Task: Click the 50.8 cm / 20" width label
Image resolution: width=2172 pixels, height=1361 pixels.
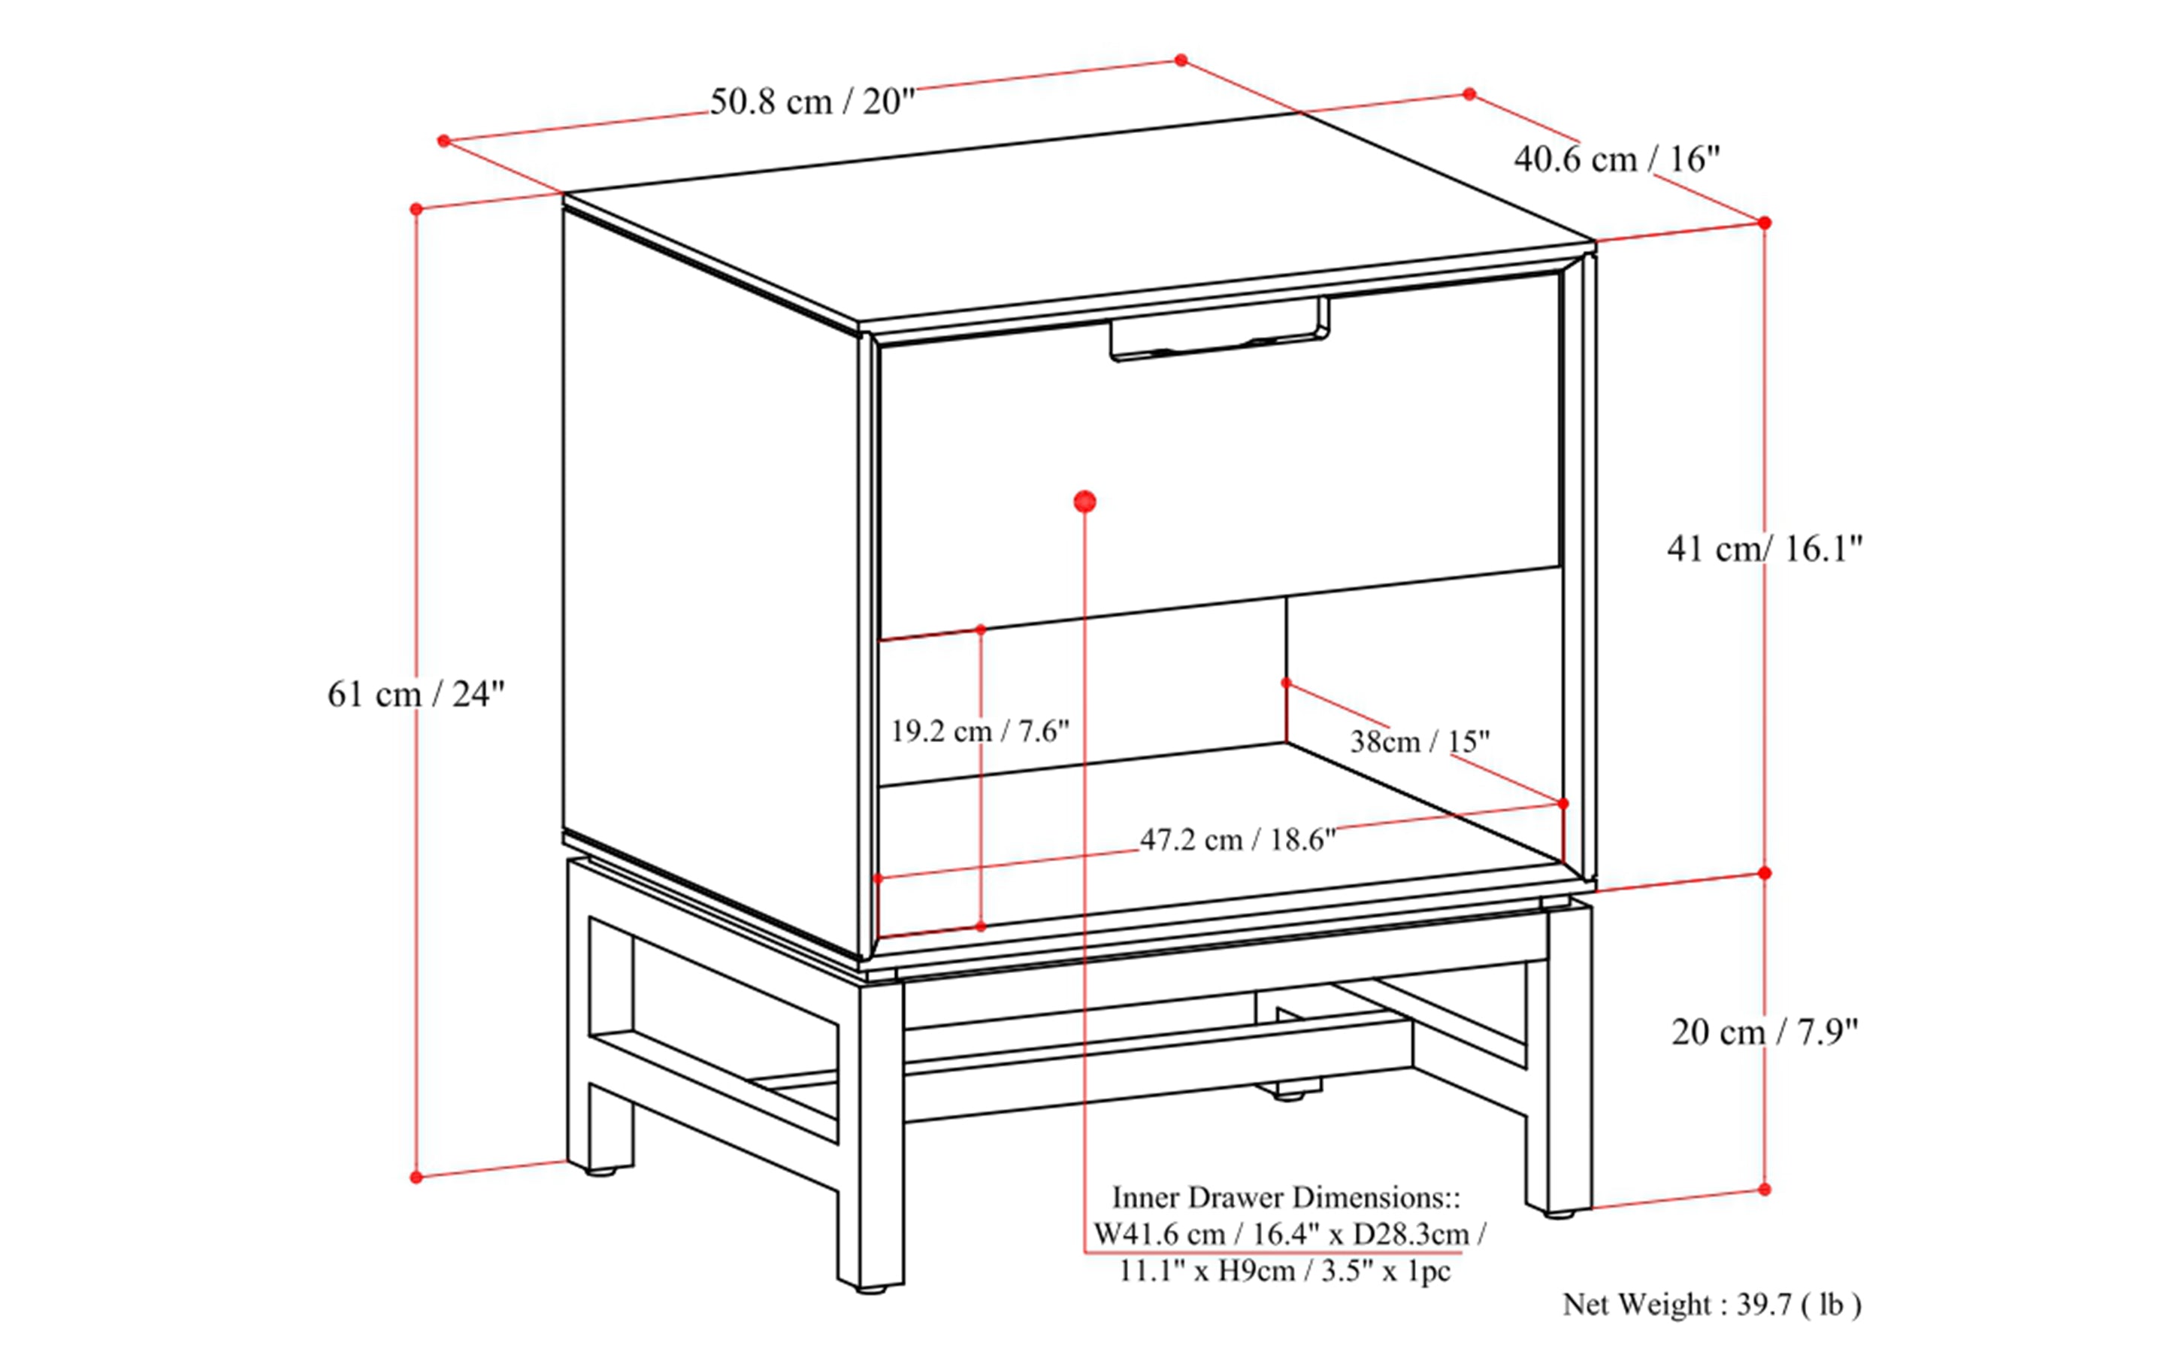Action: tap(812, 102)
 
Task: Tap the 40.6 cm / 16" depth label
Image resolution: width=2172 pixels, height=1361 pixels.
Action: tap(1616, 159)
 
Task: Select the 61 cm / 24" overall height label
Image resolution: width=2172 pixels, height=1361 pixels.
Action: tap(416, 694)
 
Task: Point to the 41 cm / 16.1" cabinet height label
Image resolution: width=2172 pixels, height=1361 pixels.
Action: tap(1763, 548)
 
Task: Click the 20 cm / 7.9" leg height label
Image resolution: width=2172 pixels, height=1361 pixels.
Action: tap(1763, 1032)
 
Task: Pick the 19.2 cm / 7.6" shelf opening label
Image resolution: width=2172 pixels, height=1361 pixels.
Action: tap(979, 731)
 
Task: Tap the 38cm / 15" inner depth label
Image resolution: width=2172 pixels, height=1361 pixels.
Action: tap(1419, 741)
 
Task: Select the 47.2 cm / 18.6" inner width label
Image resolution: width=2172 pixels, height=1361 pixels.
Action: tap(1237, 840)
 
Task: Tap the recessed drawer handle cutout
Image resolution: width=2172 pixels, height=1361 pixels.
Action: tap(1219, 333)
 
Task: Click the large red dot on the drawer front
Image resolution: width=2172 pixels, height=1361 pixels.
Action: tap(1085, 502)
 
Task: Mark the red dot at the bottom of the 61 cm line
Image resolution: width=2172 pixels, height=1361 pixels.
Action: tap(416, 1177)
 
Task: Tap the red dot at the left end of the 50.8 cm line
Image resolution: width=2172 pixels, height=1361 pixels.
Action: tap(443, 141)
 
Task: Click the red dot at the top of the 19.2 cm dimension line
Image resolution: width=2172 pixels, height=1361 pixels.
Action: tap(981, 629)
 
